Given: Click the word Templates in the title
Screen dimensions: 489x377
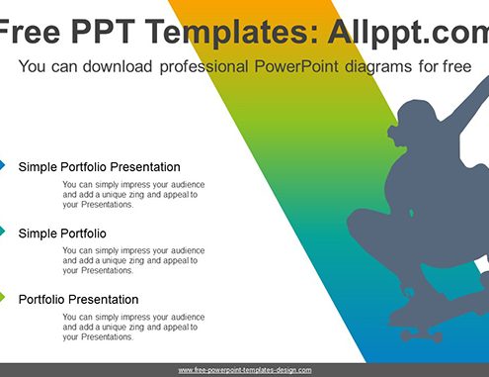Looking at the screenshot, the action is [232, 33].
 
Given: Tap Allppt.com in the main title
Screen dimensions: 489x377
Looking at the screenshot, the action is [408, 33].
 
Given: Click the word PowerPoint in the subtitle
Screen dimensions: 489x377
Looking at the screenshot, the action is [296, 66].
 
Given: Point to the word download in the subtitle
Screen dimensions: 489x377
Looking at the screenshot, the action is [118, 66].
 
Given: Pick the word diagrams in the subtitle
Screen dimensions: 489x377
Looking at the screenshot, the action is [378, 67].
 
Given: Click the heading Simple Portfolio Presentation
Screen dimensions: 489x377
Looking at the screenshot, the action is [99, 167].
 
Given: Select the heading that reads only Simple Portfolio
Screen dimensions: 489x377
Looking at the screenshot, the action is [62, 234].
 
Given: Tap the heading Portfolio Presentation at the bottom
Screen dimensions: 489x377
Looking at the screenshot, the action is [78, 300].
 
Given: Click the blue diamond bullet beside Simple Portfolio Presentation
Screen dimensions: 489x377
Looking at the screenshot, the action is [2, 165].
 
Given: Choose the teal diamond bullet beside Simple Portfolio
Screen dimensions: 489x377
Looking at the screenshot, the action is [2, 232].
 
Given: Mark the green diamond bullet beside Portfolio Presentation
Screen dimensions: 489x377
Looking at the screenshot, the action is [2, 297].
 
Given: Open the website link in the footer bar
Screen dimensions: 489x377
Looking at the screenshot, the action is [245, 370].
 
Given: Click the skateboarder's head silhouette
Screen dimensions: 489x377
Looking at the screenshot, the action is [416, 123].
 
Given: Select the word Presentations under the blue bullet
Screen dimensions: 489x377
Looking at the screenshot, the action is [107, 205].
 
